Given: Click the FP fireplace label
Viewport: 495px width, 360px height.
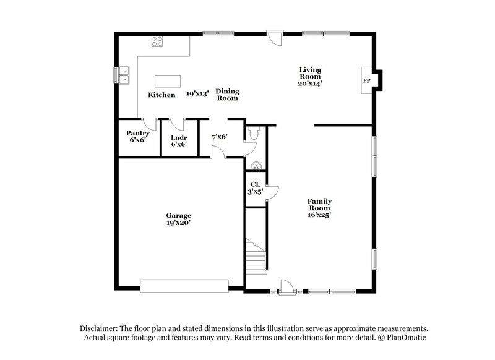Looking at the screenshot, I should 366,81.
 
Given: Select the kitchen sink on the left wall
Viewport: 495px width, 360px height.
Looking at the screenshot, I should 126,74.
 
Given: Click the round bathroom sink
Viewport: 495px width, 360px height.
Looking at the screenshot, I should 256,165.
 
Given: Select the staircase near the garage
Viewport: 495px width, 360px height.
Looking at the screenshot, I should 256,255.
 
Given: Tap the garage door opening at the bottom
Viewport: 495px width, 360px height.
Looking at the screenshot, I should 184,285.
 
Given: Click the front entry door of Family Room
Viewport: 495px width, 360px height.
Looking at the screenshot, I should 287,286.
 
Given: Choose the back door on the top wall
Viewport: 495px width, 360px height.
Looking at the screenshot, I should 274,37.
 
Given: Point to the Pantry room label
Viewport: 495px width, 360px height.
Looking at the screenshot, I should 137,133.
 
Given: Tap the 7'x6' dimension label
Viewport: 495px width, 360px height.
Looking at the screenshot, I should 220,137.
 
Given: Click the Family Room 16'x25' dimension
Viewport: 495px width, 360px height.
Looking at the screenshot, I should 320,215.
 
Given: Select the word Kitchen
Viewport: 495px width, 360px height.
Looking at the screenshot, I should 161,95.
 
